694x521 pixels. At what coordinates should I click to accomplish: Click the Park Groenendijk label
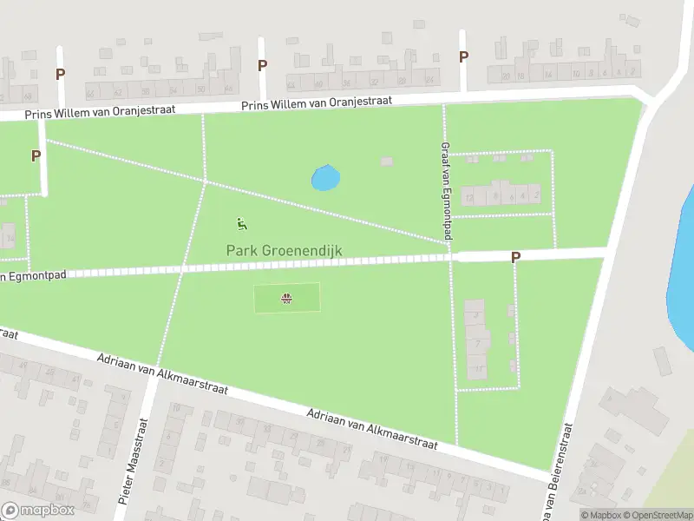(285, 251)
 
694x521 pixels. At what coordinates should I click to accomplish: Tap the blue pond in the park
(325, 178)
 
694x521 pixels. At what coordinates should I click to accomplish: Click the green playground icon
(242, 225)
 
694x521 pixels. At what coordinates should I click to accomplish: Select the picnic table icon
(286, 300)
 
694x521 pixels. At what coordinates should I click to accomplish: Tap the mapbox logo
(38, 511)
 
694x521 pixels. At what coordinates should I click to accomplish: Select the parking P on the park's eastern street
(515, 257)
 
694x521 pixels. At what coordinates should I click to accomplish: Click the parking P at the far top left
(60, 74)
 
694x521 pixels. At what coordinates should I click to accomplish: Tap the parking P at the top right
(463, 56)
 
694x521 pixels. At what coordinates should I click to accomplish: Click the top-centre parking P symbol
(262, 65)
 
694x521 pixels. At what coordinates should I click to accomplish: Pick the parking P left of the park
(36, 156)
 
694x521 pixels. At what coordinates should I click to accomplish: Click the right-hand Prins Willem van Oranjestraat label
(318, 102)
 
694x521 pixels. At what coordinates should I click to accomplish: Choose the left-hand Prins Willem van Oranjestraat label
(100, 111)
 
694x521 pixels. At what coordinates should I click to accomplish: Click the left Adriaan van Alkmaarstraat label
(163, 373)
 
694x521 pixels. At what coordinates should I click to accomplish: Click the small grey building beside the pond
(386, 162)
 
